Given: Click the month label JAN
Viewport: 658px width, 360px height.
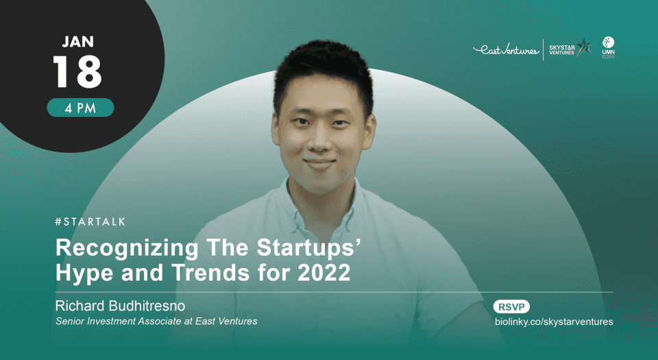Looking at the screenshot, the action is tap(78, 42).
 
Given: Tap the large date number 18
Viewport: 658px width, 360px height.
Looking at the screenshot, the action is tap(77, 72).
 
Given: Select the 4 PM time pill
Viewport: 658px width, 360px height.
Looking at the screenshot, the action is tap(80, 108).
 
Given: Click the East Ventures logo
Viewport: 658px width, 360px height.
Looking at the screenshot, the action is tap(506, 49).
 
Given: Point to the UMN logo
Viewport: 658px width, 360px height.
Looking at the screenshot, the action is tap(608, 47).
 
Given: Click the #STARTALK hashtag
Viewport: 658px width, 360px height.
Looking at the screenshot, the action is tap(90, 221).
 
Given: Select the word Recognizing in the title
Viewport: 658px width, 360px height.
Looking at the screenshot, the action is tap(127, 248).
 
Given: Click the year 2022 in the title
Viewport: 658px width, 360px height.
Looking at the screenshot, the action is tap(324, 273).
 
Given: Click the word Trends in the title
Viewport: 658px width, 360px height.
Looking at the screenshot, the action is tap(210, 273).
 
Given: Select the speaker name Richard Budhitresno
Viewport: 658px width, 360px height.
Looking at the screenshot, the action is tap(120, 306).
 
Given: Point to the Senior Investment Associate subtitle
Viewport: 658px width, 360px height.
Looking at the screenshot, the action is tap(156, 322).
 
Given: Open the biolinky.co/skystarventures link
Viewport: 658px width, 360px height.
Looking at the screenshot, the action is tap(554, 322).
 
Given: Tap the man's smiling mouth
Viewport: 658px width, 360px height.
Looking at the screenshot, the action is tap(319, 163).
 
